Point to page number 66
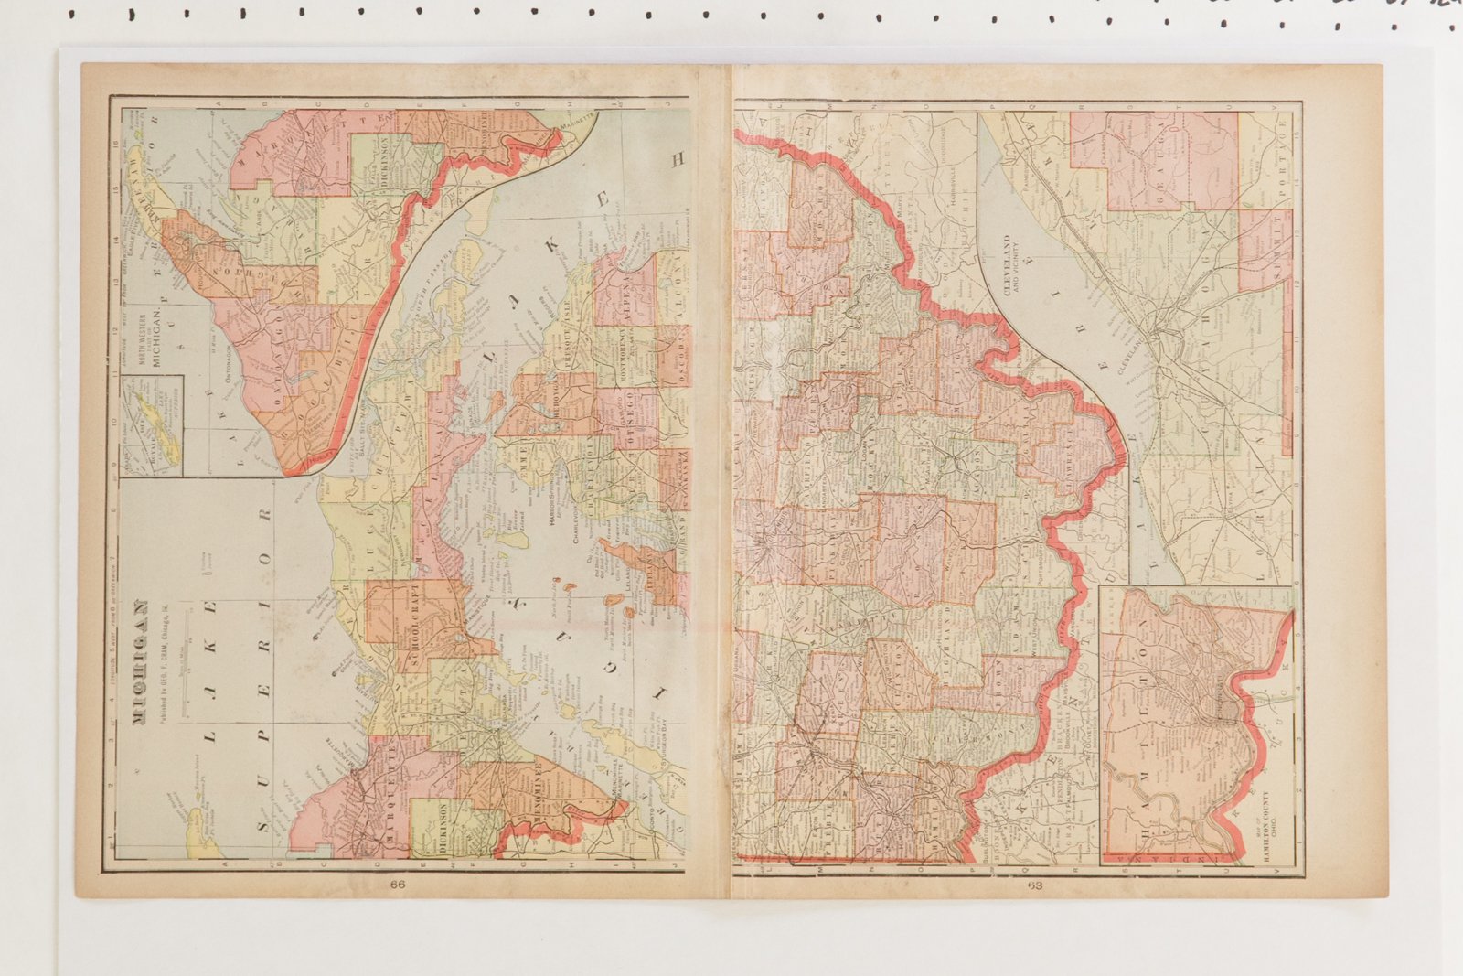pos(397,885)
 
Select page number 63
pos(1034,885)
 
